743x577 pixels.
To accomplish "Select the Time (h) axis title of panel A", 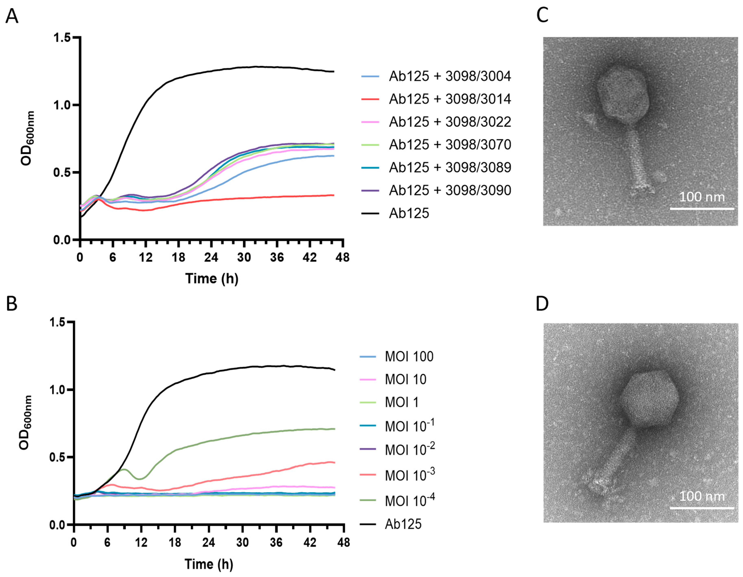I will [x=212, y=279].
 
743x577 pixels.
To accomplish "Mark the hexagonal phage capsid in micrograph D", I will [x=649, y=398].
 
